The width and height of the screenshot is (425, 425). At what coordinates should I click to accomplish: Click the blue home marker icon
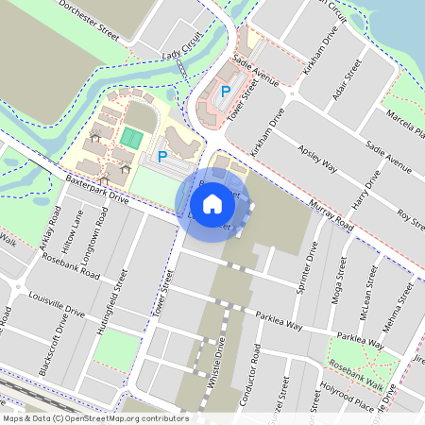pyautogui.click(x=212, y=204)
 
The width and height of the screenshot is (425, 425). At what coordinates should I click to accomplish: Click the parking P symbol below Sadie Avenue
pyautogui.click(x=225, y=93)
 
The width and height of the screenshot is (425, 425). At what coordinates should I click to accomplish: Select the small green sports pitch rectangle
pyautogui.click(x=129, y=137)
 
